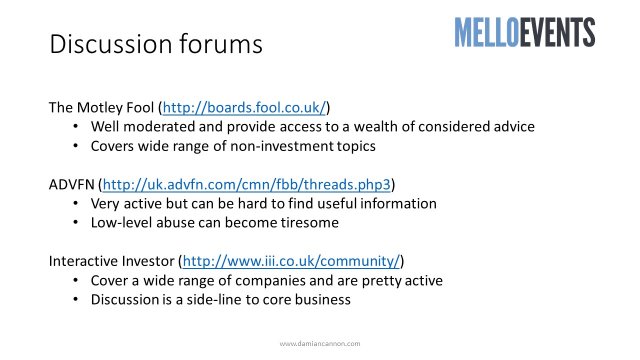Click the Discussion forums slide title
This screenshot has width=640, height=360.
[156, 44]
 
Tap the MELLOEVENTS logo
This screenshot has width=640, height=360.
[524, 32]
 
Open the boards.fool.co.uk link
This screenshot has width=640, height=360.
[244, 107]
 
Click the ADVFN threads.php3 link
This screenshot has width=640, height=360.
[247, 184]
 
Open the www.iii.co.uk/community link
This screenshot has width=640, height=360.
[291, 261]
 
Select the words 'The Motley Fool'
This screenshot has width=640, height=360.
[101, 108]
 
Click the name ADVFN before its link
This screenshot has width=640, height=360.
[71, 184]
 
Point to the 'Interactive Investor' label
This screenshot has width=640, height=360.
[111, 261]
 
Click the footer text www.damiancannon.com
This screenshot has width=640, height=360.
[320, 344]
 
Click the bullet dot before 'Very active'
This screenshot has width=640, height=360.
[76, 204]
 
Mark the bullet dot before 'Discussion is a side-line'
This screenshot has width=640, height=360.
[76, 300]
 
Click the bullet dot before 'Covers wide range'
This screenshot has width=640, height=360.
[76, 146]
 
